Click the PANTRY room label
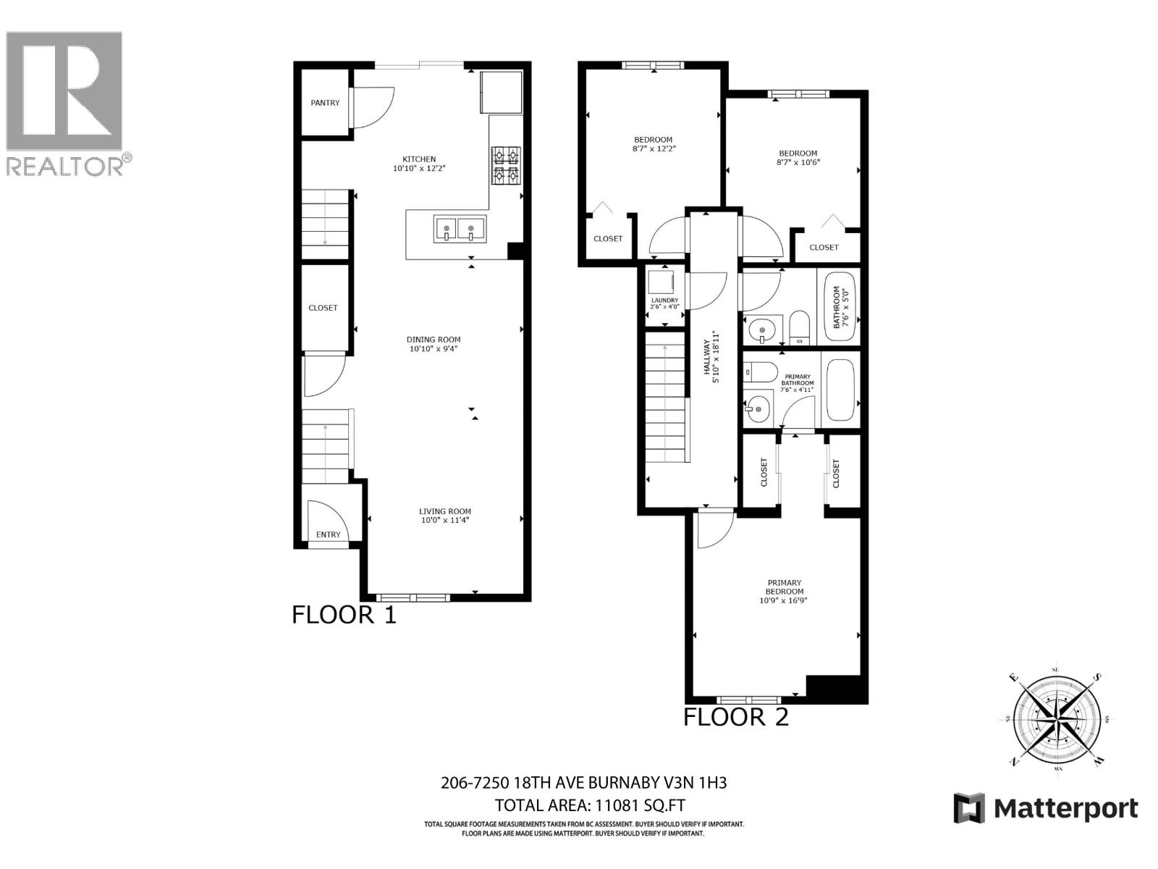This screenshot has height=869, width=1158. point(325,103)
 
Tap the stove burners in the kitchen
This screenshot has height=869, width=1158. point(506,166)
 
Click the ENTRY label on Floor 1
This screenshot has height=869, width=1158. point(328,534)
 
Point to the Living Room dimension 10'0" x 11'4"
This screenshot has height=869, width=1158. point(445,520)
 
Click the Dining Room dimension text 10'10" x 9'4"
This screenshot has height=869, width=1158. point(434,349)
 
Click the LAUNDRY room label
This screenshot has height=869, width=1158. point(664,301)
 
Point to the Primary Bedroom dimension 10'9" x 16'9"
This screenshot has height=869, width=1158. point(783,600)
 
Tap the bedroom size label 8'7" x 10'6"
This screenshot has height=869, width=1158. point(798,162)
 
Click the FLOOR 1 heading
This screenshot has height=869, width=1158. point(344,615)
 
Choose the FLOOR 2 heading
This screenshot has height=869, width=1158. point(736,717)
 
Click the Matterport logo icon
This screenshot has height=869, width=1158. point(969,808)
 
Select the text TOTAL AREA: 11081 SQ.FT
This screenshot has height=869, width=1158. point(589,805)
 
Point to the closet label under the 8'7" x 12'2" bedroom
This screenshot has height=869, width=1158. point(608,239)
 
